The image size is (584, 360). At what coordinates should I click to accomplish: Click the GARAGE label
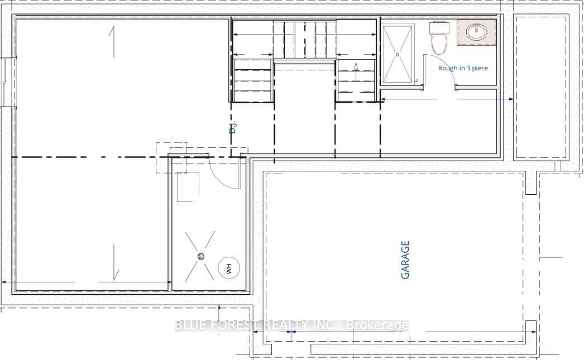pos(406,260)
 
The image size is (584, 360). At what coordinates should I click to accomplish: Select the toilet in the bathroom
pos(439,37)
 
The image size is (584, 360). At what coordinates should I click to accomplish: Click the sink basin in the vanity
pos(478,32)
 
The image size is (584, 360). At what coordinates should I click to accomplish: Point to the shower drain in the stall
pos(398,55)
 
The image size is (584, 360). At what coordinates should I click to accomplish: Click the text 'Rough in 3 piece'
pos(463,68)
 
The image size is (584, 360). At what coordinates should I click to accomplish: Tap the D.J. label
pos(233,127)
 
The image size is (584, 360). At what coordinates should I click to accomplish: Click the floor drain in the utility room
pos(201,256)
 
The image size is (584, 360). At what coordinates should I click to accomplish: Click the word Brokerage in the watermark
pos(377,325)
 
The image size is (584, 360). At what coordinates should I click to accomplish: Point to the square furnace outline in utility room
pos(188,187)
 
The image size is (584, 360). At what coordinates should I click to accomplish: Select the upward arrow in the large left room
pos(114,42)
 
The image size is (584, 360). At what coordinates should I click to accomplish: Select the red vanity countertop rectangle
pos(477,32)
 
